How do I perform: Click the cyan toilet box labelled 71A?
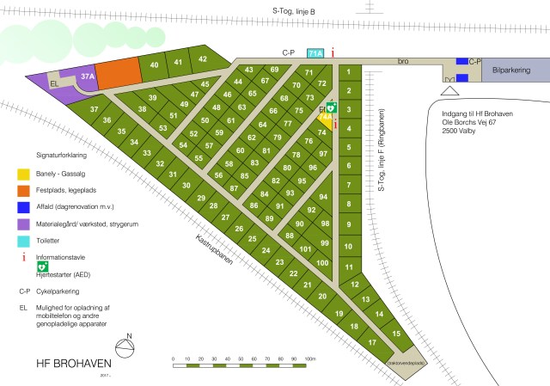pos(315,53)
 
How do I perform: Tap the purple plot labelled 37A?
pos(87,77)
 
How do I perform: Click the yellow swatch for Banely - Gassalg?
pos(25,174)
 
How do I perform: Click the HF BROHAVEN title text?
pos(65,363)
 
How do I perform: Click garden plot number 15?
pos(395,333)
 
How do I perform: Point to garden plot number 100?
pos(321,262)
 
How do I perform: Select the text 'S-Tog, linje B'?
pos(294,10)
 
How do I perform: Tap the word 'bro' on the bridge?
pos(402,61)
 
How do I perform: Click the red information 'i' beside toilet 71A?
pos(333,53)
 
